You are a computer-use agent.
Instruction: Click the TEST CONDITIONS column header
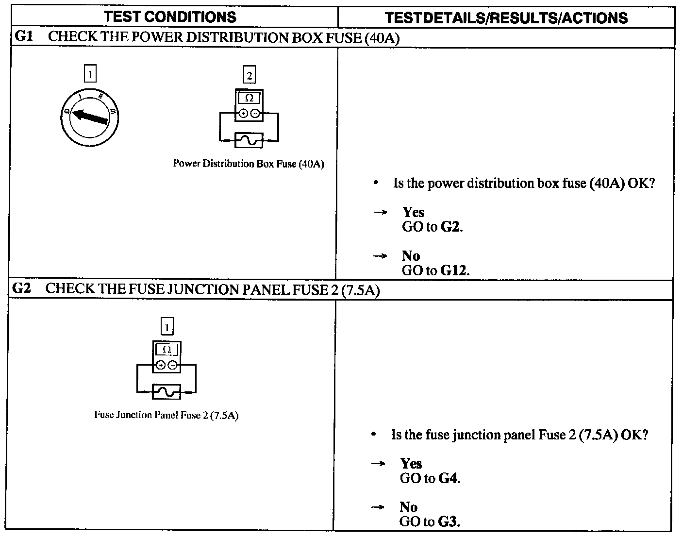coord(170,17)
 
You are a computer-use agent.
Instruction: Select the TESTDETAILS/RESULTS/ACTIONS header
coord(506,18)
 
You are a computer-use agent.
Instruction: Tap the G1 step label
coord(24,36)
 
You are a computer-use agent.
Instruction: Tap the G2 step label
coord(22,288)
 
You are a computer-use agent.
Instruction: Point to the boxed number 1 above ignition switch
coord(90,74)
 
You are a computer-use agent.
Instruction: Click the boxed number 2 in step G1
coord(249,75)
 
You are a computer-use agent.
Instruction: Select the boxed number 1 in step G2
coord(166,327)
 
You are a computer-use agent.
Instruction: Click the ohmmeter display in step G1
coord(249,98)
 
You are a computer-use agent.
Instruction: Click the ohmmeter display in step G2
coord(166,350)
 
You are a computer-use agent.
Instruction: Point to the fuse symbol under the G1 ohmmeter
coord(249,140)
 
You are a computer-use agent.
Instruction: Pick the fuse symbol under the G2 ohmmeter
coord(166,391)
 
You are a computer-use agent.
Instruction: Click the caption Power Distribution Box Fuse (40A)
coord(249,164)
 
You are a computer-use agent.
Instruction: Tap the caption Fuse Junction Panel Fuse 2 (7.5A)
coord(166,415)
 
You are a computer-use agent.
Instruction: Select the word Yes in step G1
coord(413,212)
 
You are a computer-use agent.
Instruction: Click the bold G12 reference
coord(454,270)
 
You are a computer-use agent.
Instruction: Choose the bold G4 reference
coord(449,478)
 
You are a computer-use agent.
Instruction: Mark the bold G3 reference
coord(449,522)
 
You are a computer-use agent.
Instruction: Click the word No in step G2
coord(409,507)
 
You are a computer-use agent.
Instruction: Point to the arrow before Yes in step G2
coord(378,464)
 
